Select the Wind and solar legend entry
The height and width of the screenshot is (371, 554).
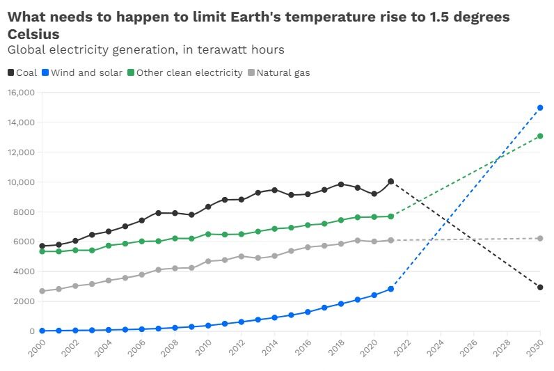81,72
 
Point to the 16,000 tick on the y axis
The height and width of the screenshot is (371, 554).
21,93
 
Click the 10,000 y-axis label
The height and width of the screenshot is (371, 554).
21,182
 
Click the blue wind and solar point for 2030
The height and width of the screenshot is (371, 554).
540,108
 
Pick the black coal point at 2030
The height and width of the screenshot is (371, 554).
540,287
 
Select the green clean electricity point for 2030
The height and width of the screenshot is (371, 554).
540,136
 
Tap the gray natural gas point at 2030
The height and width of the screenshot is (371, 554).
540,239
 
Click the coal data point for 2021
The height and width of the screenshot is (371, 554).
390,182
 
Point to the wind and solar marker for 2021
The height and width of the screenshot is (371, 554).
390,289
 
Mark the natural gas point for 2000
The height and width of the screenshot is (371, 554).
42,291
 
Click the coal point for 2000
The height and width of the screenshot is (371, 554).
42,246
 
